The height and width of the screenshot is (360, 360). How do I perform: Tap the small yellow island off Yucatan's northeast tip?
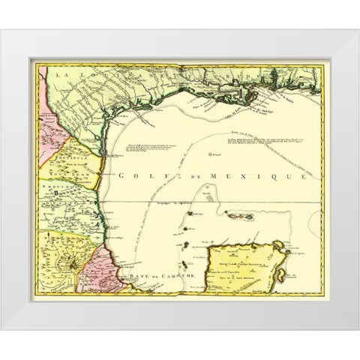click(276, 243)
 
